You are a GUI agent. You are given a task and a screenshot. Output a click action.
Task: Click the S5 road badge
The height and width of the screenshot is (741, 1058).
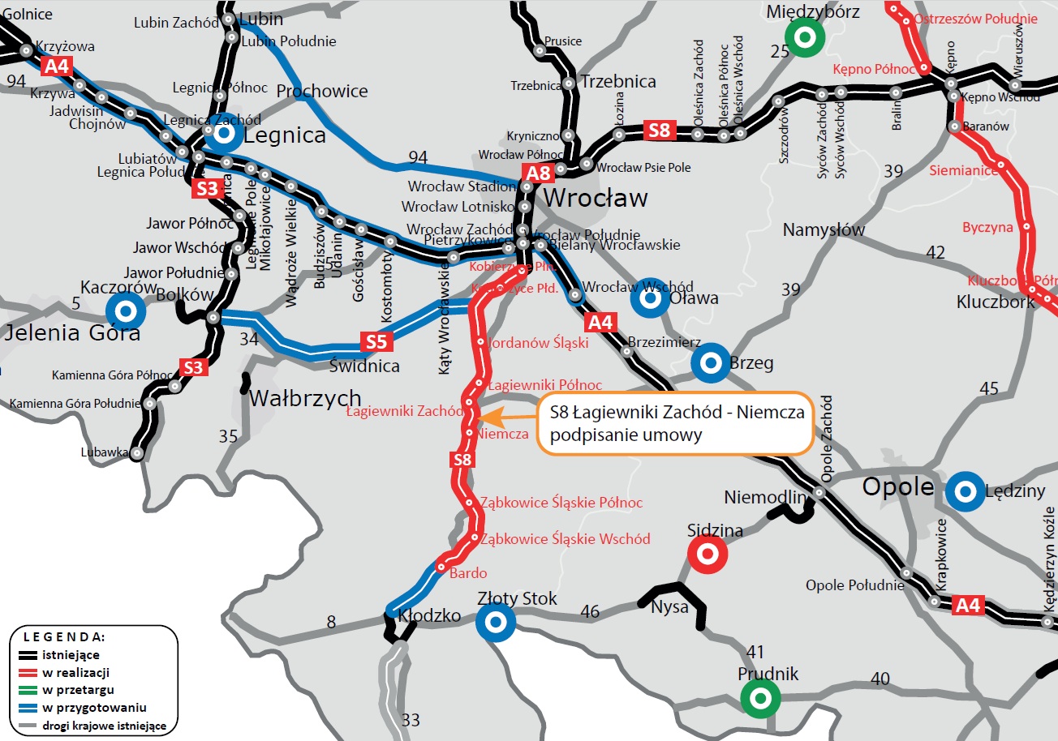[376, 341]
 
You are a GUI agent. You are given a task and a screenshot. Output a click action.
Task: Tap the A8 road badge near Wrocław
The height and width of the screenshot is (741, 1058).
[540, 173]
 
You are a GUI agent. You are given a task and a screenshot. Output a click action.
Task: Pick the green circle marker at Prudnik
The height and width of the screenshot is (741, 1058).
[760, 697]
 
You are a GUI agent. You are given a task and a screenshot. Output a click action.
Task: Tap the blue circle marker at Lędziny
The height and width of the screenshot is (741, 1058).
[966, 490]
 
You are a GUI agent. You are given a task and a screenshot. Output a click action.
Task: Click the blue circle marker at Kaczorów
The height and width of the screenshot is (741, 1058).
[126, 310]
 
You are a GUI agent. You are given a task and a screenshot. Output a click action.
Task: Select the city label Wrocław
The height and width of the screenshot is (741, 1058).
[595, 198]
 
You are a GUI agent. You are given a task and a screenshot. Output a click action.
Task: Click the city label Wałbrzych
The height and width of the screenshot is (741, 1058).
[305, 398]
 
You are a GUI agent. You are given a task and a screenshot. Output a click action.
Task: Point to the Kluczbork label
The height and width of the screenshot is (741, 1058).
[996, 302]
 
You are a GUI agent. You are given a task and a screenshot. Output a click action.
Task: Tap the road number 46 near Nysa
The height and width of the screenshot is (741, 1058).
[590, 611]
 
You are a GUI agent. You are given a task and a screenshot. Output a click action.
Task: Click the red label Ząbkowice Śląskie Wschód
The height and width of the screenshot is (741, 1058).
[565, 538]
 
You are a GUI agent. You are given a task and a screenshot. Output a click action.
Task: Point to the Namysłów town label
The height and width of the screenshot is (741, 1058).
[824, 230]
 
